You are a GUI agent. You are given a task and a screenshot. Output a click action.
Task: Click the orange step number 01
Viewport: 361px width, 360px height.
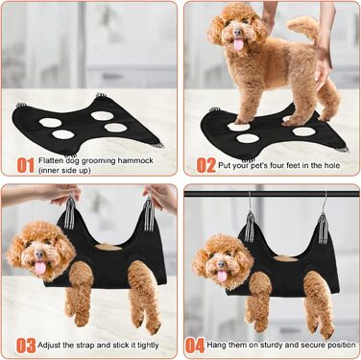(25, 165)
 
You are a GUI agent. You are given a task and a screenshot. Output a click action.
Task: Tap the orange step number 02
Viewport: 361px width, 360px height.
(206, 165)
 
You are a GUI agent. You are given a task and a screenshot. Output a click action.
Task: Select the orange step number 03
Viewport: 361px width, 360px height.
(26, 346)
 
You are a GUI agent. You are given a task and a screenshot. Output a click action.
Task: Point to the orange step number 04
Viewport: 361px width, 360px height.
(195, 346)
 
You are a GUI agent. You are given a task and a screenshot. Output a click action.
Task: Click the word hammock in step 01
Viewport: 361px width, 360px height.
(135, 160)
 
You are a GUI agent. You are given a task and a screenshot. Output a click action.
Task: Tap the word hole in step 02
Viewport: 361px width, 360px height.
(332, 165)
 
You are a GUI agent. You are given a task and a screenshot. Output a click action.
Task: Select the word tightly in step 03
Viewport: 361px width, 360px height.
(148, 346)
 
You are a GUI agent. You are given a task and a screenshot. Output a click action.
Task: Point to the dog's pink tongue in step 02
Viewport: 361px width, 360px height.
(238, 44)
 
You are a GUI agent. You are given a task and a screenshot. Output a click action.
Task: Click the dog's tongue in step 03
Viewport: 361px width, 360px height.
(40, 267)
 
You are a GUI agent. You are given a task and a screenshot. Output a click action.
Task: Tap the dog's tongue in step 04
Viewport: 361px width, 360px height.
(222, 276)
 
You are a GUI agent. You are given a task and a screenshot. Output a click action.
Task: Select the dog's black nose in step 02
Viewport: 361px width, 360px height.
(237, 32)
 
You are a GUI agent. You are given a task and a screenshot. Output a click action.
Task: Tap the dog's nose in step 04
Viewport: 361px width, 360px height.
(221, 264)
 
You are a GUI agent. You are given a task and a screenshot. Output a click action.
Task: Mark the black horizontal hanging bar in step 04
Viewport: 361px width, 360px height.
(272, 194)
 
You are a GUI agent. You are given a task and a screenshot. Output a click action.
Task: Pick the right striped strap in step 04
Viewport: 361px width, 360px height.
(324, 228)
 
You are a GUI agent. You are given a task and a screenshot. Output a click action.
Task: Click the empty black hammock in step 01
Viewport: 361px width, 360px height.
(86, 127)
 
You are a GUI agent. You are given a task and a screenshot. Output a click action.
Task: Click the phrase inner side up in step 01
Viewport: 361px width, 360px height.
(64, 170)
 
